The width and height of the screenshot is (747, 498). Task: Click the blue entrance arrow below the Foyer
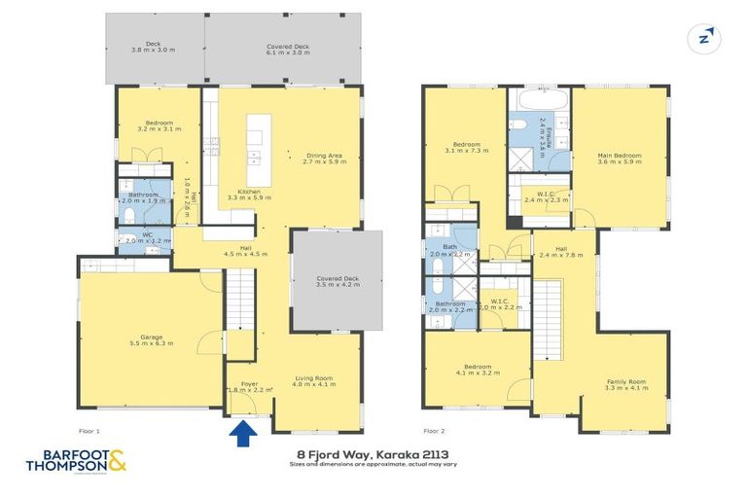[242, 431]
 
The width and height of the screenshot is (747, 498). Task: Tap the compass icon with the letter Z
[707, 38]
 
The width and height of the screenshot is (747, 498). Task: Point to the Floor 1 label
[89, 429]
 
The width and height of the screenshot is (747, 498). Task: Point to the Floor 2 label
[435, 429]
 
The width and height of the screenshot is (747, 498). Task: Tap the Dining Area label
[324, 159]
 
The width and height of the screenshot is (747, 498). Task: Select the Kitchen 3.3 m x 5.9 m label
[249, 195]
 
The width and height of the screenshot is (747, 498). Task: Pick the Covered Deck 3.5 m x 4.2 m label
[338, 282]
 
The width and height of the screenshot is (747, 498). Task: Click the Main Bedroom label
[619, 158]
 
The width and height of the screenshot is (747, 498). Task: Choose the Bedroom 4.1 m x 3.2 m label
[477, 370]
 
